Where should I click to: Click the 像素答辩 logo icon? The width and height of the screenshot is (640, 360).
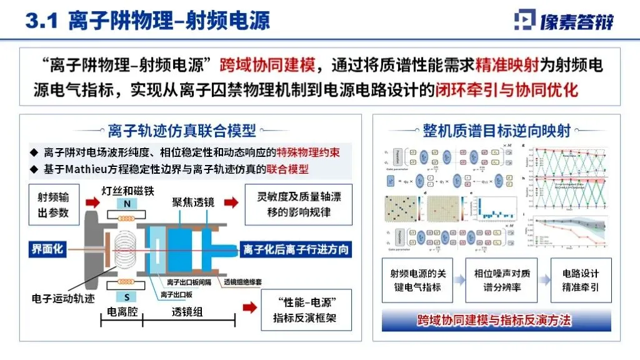[x=524, y=20]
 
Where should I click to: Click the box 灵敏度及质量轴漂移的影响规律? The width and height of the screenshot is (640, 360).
[x=298, y=204]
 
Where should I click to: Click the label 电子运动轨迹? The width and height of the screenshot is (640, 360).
[x=63, y=298]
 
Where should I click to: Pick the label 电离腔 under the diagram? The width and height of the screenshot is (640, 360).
[x=122, y=311]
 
